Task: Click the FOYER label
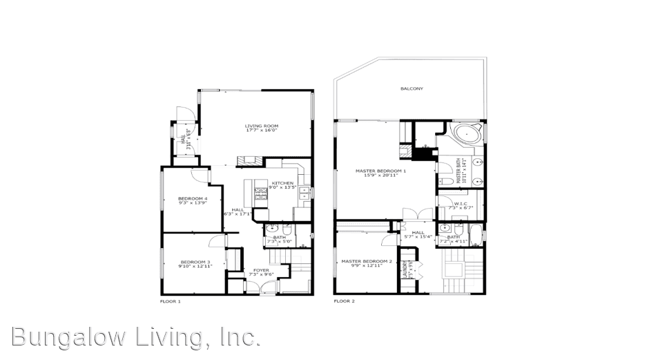pyautogui.click(x=260, y=270)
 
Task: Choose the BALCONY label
pyautogui.click(x=412, y=88)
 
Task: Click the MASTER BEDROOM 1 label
pyautogui.click(x=380, y=171)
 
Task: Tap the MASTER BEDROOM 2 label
pyautogui.click(x=366, y=261)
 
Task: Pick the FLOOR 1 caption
pyautogui.click(x=170, y=301)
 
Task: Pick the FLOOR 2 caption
pyautogui.click(x=344, y=301)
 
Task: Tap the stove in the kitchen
pyautogui.click(x=261, y=196)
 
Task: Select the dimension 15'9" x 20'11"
pyautogui.click(x=380, y=176)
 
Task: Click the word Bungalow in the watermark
pyautogui.click(x=70, y=337)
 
